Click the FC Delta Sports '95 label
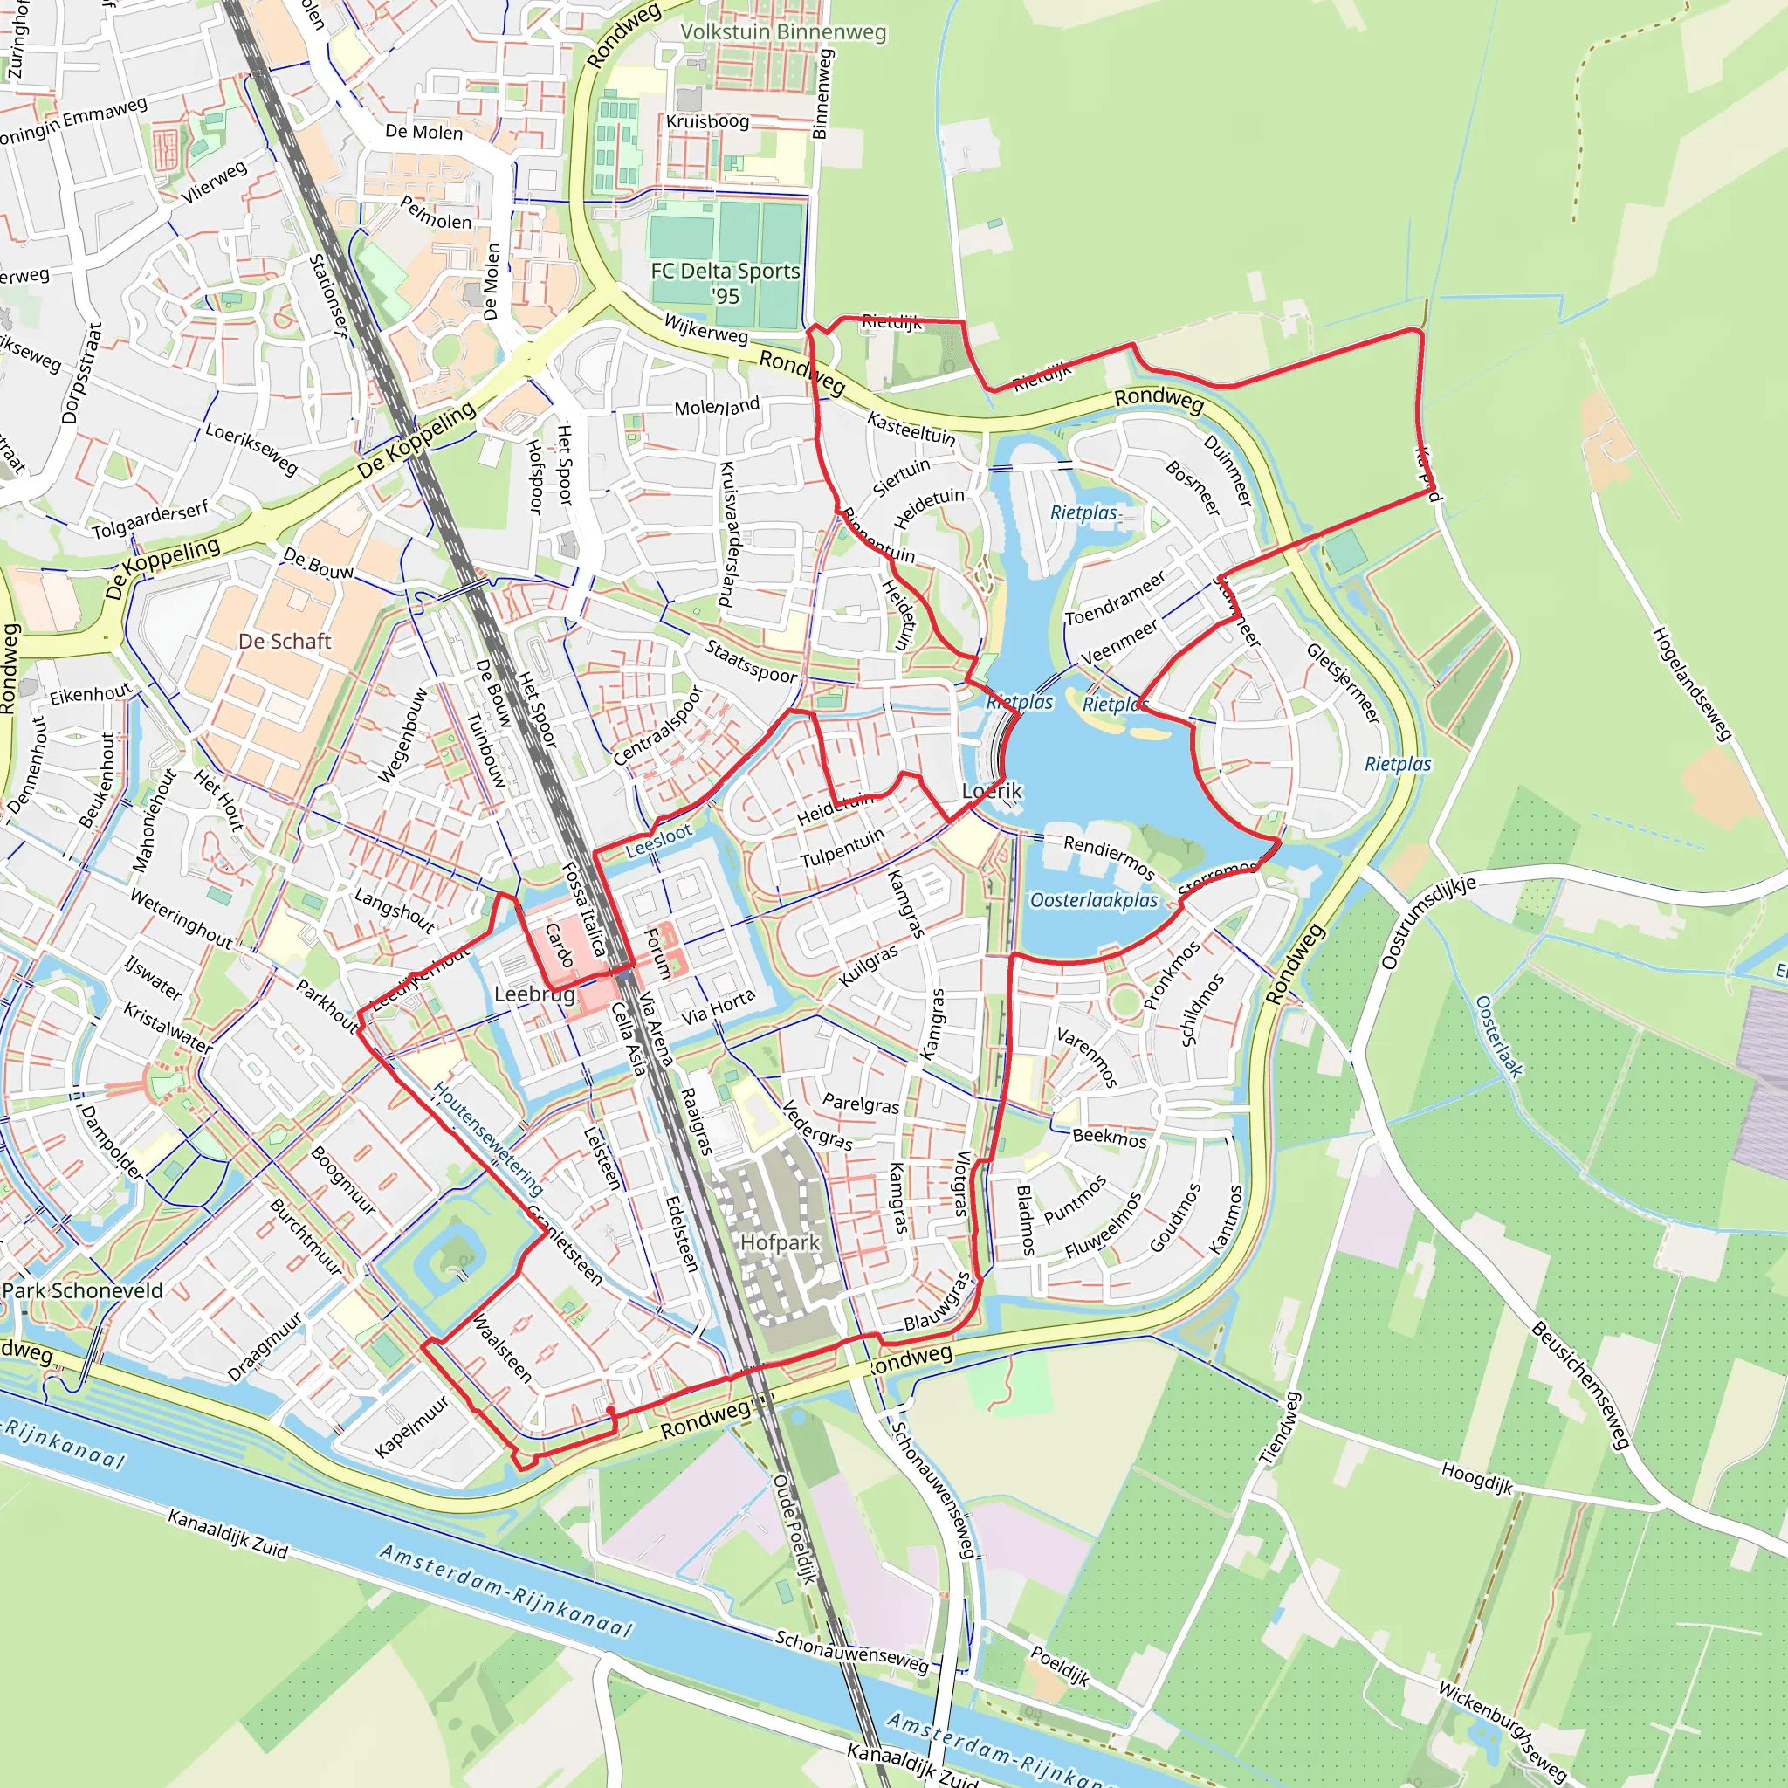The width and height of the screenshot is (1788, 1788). [725, 282]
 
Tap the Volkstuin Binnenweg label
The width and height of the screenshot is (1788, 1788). [783, 32]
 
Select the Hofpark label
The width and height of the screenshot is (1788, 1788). [781, 1242]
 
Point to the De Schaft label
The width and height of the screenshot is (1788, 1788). [284, 642]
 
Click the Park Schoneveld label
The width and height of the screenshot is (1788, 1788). [82, 1290]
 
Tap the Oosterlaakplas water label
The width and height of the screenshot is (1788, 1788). [1094, 900]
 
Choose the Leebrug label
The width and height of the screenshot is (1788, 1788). [534, 994]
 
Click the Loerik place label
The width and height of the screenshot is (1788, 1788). [992, 790]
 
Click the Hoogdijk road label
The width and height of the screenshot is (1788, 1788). [1476, 1478]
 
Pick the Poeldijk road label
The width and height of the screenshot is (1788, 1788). [1061, 1666]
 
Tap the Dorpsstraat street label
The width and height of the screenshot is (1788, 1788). [81, 373]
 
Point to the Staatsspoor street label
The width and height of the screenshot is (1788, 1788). [751, 661]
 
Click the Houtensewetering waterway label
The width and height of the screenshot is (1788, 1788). [488, 1140]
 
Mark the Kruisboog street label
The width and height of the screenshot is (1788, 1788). [707, 121]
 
